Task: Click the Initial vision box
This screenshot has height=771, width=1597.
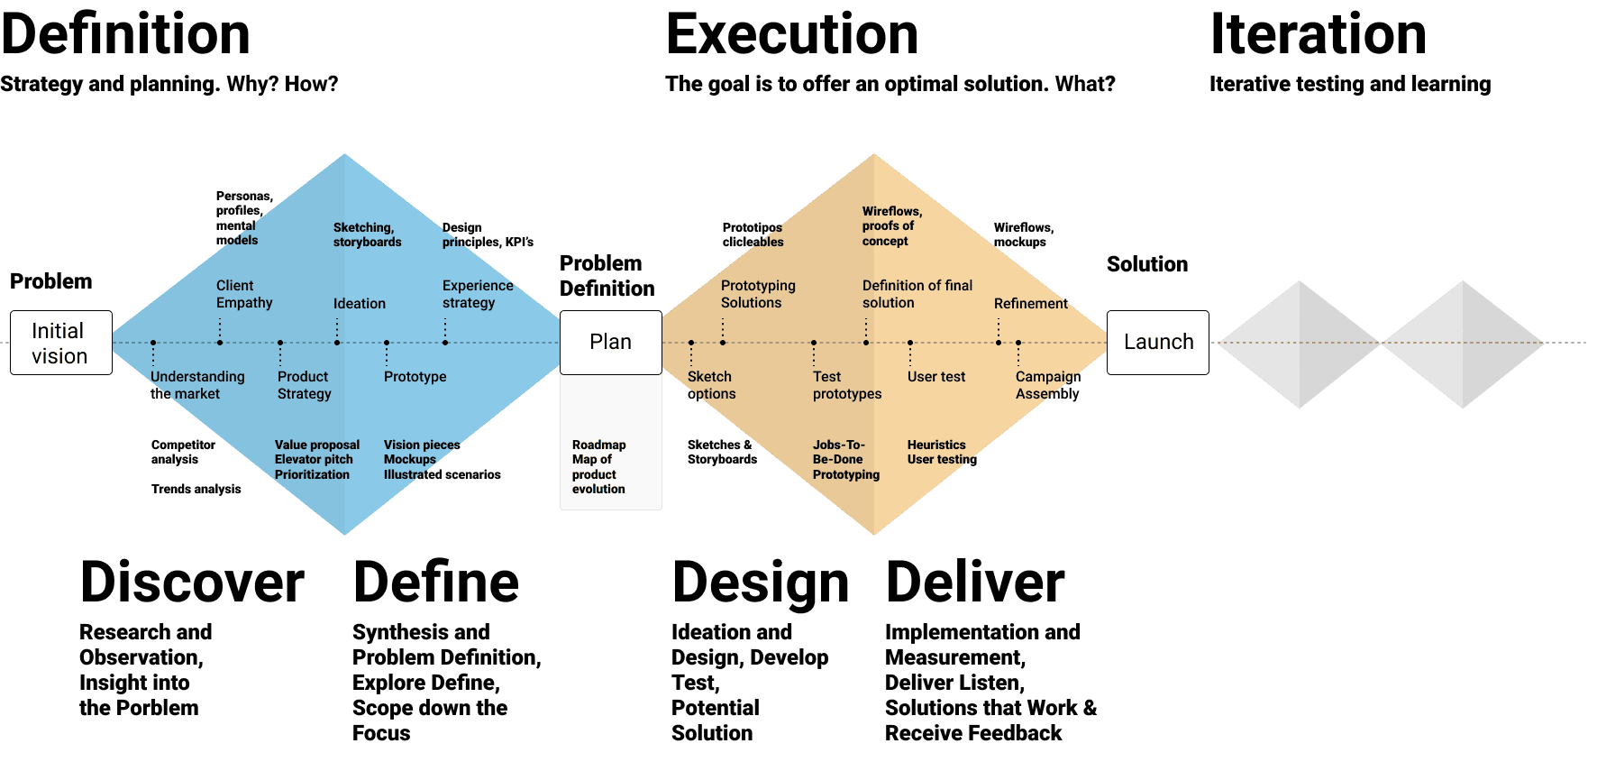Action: [60, 343]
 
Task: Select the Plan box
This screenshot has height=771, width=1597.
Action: [610, 342]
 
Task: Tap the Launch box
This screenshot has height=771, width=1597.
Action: [1157, 342]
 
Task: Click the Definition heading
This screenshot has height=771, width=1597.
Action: [125, 35]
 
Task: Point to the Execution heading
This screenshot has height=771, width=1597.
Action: [791, 35]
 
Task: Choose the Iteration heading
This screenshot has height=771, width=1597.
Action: [1318, 35]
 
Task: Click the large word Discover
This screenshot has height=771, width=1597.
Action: [192, 583]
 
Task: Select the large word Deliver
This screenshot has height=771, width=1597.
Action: [975, 583]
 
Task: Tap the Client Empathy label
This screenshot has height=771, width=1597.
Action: [243, 294]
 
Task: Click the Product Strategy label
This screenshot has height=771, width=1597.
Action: [304, 385]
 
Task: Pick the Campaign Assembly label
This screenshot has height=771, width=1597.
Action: [1047, 385]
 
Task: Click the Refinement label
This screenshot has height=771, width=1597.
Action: [1030, 304]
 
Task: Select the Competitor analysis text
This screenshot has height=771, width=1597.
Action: [183, 452]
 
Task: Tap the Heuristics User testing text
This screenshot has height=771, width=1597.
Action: [941, 452]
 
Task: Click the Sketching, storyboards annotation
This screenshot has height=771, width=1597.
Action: [367, 234]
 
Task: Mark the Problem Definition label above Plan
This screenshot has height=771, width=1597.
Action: [607, 276]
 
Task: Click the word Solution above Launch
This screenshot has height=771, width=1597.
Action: [1146, 264]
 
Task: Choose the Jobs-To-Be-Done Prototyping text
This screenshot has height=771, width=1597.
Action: [845, 459]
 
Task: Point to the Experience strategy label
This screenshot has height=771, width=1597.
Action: [477, 294]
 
